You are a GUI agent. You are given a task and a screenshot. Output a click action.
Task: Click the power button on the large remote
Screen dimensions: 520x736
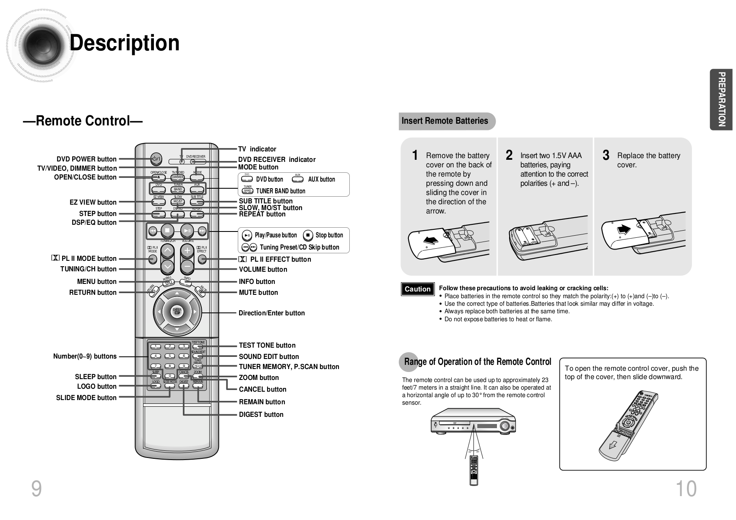point(155,159)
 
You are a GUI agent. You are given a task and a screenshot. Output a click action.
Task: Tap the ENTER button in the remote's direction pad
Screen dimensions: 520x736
point(177,311)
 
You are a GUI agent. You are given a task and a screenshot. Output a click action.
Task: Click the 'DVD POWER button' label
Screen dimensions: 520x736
point(86,159)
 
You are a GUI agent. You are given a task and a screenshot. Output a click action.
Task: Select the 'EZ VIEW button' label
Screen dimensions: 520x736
point(93,202)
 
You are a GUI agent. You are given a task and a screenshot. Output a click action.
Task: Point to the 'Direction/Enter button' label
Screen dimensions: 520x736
point(271,313)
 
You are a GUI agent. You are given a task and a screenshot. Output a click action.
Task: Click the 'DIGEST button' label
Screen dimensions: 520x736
point(261,414)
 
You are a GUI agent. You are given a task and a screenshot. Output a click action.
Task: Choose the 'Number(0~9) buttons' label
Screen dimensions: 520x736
point(85,356)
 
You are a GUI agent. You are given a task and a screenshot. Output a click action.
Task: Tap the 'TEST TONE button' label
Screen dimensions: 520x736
point(267,345)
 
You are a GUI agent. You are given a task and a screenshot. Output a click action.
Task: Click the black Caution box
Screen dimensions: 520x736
point(417,289)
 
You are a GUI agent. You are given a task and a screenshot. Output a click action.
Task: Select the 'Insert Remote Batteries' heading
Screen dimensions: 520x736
point(445,121)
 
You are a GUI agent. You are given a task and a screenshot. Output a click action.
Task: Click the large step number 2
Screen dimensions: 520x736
point(509,156)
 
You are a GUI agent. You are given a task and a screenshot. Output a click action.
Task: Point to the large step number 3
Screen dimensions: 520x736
point(606,156)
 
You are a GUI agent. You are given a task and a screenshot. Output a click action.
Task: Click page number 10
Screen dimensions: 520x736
point(686,489)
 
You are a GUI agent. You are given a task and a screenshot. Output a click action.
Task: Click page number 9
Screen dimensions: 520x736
point(36,489)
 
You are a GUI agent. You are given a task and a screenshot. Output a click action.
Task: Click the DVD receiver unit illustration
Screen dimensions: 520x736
point(473,421)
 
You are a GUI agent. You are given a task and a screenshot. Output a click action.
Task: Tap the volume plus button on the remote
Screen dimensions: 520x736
point(187,251)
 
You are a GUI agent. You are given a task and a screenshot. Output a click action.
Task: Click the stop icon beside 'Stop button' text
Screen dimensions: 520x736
point(308,235)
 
